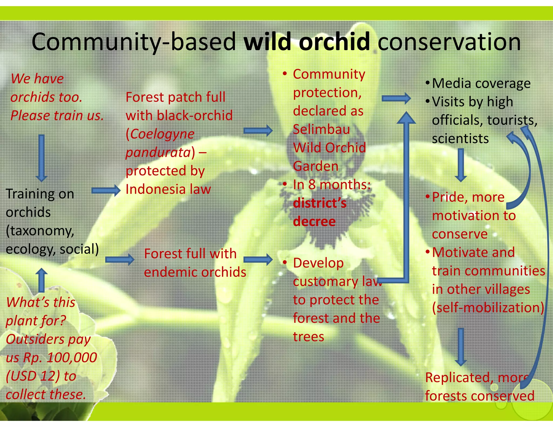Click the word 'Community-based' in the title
(x=134, y=42)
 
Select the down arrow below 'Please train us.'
(x=41, y=158)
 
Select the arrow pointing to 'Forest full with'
(x=120, y=260)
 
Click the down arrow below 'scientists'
(x=461, y=165)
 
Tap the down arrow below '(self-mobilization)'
(x=461, y=347)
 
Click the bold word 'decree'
(x=314, y=222)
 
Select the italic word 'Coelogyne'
(x=162, y=134)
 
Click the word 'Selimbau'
(x=321, y=129)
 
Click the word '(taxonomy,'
(x=40, y=231)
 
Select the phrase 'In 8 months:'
(x=332, y=185)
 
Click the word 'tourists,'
(x=512, y=120)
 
